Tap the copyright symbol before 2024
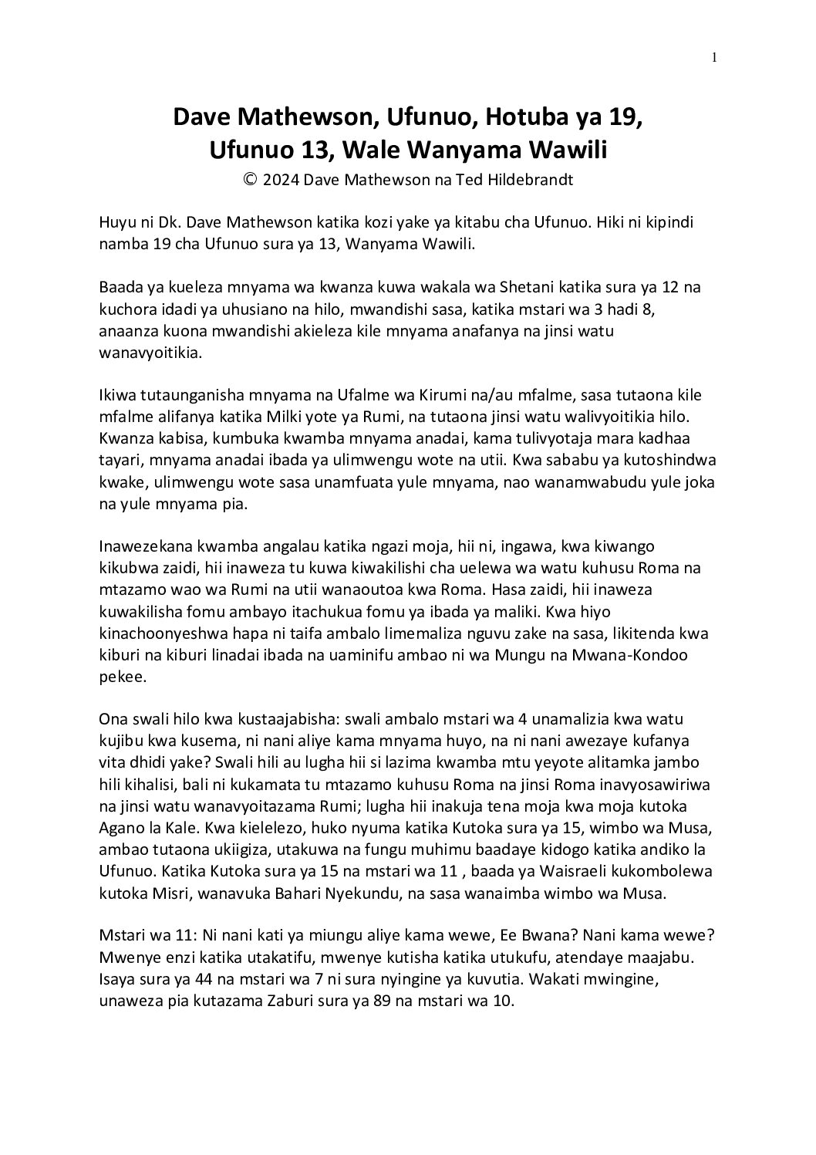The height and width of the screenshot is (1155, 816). pyautogui.click(x=250, y=180)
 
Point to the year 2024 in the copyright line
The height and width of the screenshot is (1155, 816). pyautogui.click(x=282, y=181)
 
